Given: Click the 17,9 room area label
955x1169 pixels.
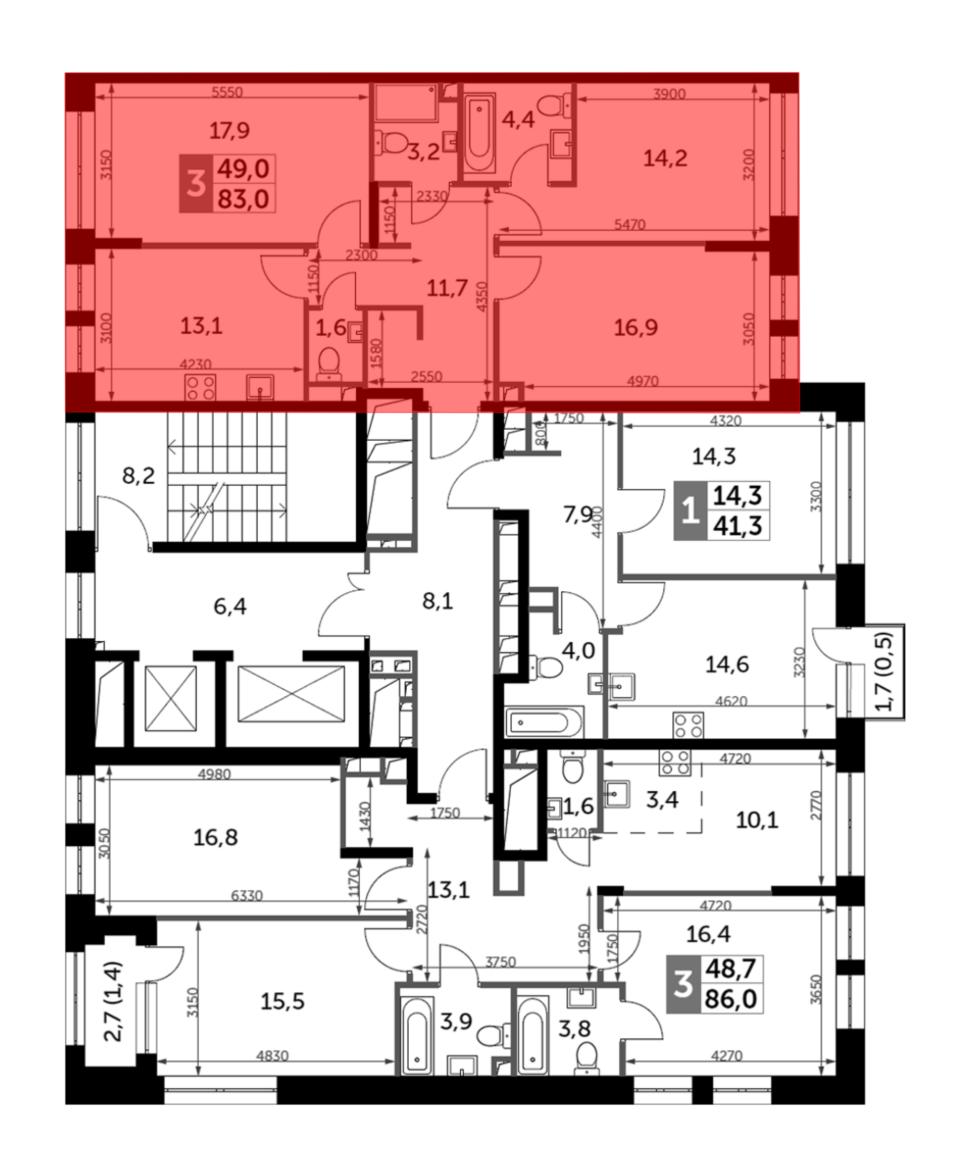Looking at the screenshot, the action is point(229,131).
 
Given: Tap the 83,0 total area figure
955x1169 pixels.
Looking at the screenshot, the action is point(243,199).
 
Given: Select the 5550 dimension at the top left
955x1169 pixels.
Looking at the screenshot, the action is point(227,92).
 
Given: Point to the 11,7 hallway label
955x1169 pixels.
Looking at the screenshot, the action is point(447,287).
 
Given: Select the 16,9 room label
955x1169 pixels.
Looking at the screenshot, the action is point(636,328).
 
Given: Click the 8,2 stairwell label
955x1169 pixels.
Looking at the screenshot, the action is point(138,475).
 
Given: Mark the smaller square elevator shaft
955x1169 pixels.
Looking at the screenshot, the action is point(170,698).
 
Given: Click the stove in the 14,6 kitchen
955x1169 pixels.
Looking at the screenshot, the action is point(688,725).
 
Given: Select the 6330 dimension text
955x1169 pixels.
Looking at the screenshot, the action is point(246,895).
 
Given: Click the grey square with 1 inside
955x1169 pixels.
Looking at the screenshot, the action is point(690,510).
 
